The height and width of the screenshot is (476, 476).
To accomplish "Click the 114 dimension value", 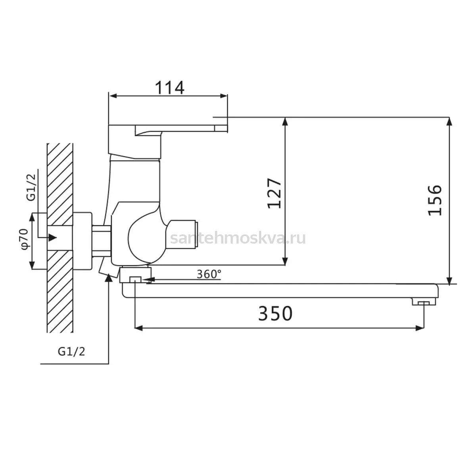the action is tap(169, 88).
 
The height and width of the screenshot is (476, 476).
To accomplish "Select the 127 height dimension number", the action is tap(274, 193).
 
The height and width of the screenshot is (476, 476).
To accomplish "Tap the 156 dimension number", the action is tap(435, 200).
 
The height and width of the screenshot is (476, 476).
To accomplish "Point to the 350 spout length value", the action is tap(275, 314).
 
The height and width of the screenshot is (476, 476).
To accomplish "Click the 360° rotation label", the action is tap(209, 274).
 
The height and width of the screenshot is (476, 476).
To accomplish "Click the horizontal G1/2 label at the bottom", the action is tap(71, 351).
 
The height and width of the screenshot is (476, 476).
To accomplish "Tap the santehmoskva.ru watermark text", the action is tap(238, 239).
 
